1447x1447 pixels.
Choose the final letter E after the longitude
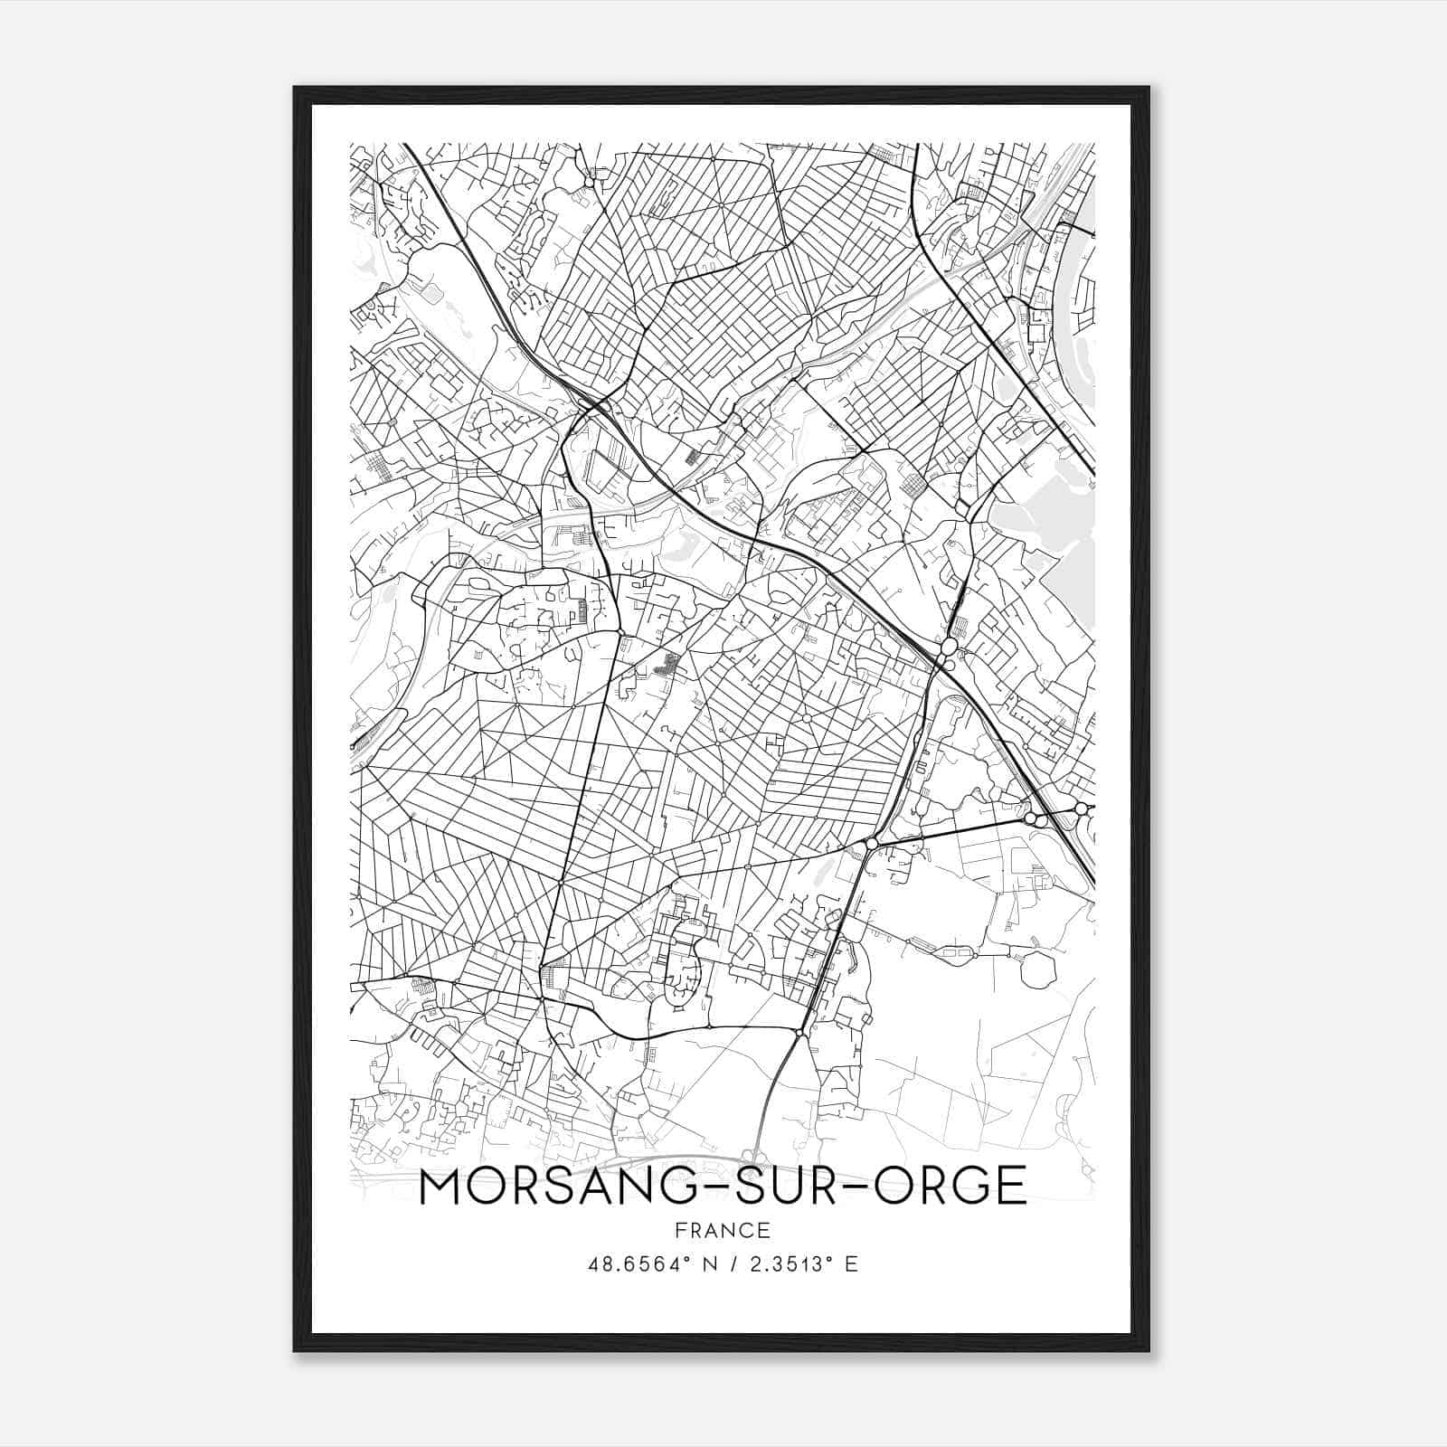point(851,1264)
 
